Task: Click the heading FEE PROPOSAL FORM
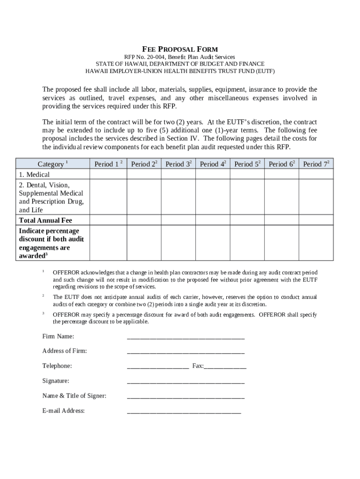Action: [x=180, y=49]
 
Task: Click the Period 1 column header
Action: [x=108, y=164]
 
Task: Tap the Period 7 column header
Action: [x=316, y=164]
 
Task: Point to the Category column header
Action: [x=52, y=164]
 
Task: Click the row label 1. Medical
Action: [x=34, y=174]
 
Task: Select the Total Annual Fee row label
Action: [x=45, y=220]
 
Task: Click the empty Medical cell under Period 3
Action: [x=178, y=174]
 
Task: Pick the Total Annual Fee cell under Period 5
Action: [x=247, y=220]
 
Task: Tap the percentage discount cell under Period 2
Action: [x=144, y=243]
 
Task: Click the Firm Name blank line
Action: [x=186, y=336]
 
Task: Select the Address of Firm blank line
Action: [x=186, y=351]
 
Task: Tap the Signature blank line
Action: [x=186, y=381]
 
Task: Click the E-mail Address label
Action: [x=64, y=411]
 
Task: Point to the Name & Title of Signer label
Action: [x=74, y=396]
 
